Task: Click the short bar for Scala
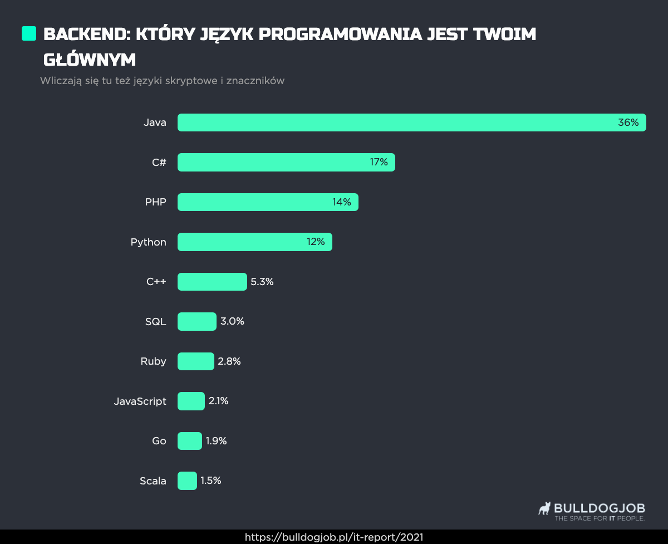coord(187,481)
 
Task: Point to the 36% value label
coord(628,122)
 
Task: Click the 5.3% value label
coord(262,282)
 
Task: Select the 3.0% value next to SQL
coord(232,322)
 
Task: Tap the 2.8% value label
coord(229,361)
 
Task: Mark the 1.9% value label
coord(216,441)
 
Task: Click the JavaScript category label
coord(140,401)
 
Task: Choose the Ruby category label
coord(153,361)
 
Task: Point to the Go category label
coord(159,441)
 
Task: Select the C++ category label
coord(156,282)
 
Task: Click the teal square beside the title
coord(29,33)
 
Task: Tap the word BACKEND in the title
coord(86,35)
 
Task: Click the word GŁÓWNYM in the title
coord(90,60)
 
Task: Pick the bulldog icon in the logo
coord(544,508)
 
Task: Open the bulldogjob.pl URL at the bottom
coord(334,537)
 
